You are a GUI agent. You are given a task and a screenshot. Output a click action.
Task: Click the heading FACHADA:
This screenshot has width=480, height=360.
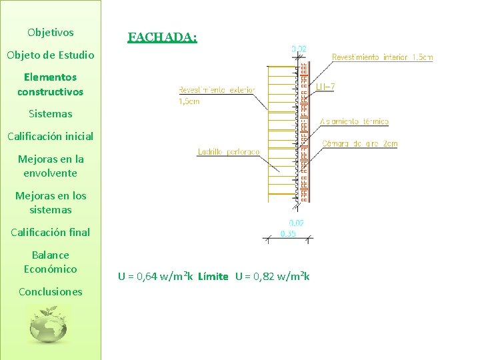tap(162, 37)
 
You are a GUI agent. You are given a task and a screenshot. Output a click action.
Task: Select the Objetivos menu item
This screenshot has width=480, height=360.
tap(51, 32)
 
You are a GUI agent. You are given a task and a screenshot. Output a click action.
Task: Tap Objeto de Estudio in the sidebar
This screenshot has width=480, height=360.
tap(51, 55)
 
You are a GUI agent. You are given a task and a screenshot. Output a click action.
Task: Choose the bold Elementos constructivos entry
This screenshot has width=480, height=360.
tap(51, 84)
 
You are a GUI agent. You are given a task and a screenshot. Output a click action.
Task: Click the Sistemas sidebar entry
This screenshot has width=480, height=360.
tap(51, 113)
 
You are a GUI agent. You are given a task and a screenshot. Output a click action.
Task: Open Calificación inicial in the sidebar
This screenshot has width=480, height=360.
tap(51, 136)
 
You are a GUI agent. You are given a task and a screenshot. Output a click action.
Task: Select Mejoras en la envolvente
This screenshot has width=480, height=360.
tap(51, 166)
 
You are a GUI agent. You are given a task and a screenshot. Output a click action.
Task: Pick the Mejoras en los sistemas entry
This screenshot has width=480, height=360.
tap(51, 203)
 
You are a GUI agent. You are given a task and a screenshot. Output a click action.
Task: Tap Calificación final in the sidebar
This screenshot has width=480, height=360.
tap(51, 232)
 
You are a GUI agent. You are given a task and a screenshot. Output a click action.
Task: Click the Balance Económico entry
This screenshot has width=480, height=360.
tap(51, 262)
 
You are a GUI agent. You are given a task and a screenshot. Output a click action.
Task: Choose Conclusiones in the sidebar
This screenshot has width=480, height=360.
tap(51, 291)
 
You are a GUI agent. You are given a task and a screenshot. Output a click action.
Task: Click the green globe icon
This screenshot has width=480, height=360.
tap(49, 324)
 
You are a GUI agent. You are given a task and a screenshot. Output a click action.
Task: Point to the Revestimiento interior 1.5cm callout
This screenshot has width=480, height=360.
tap(382, 57)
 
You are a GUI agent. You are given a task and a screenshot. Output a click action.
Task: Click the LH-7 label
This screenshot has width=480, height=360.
tap(326, 87)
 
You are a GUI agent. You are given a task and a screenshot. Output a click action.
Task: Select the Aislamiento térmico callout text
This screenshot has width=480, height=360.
tap(354, 121)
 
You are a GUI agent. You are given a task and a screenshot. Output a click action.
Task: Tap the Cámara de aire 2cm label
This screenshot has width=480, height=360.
tap(359, 144)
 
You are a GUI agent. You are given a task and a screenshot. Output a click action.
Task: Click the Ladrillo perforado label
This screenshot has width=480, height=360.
tap(229, 152)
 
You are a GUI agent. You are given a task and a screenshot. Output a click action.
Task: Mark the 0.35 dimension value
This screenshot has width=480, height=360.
tap(288, 234)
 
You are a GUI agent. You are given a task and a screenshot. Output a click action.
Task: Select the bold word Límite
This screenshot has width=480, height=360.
tap(213, 276)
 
